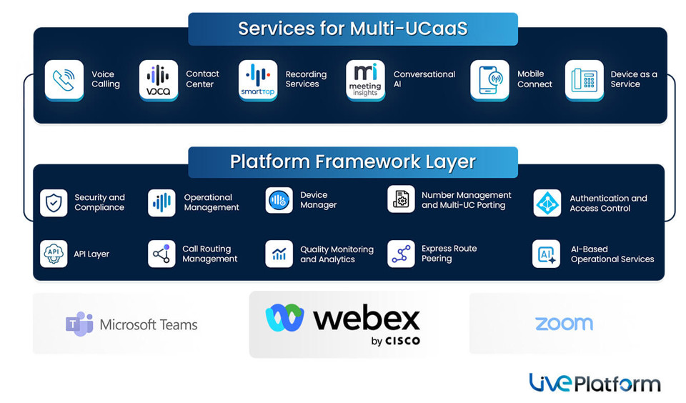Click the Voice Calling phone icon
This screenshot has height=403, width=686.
(64, 79)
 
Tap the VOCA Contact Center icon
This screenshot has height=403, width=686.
(158, 79)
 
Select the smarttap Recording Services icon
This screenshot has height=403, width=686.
(257, 79)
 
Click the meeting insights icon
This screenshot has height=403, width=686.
(365, 79)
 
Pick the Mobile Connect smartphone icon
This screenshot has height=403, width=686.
(489, 79)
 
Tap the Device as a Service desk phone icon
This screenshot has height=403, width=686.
(584, 79)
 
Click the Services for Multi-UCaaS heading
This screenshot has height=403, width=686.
(352, 29)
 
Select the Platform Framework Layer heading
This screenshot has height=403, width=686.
(352, 161)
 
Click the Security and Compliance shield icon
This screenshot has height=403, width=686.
(54, 203)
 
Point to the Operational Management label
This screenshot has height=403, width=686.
(211, 203)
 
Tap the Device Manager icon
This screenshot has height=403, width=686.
(279, 201)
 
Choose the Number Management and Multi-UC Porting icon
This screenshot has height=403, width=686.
(401, 199)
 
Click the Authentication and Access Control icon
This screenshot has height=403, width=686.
(547, 203)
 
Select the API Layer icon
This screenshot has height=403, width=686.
(54, 254)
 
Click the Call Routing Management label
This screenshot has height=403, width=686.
(209, 254)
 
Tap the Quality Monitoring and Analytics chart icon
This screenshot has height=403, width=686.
(279, 254)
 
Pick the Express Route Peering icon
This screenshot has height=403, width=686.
(401, 254)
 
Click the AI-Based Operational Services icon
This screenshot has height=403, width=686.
(547, 254)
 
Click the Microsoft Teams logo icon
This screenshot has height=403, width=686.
(79, 324)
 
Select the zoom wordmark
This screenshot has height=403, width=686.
(564, 324)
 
